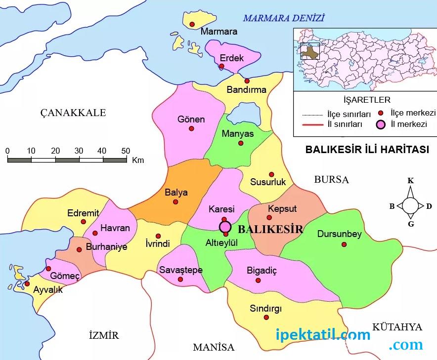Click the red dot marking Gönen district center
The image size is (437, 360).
point(191,128)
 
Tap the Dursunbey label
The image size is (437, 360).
point(339,234)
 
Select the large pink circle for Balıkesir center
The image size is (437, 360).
point(225,227)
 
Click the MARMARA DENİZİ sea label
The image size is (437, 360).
point(283,18)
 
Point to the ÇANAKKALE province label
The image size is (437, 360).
point(73,113)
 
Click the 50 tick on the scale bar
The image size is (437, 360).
point(126,151)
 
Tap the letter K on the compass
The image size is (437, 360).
point(410,181)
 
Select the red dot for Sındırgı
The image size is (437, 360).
point(266,318)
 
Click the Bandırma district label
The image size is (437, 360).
point(246,90)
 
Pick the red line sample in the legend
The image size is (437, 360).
point(312,124)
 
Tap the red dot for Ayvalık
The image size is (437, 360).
point(27,283)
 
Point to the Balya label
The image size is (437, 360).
point(176,193)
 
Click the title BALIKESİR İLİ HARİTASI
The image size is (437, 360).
point(367,150)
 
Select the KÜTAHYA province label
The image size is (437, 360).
point(397,327)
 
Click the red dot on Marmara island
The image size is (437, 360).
point(192,24)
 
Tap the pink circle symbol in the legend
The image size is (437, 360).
point(381,124)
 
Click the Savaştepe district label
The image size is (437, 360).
point(180,270)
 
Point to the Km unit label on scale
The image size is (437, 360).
point(138,160)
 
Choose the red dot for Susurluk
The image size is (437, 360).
point(271,174)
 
